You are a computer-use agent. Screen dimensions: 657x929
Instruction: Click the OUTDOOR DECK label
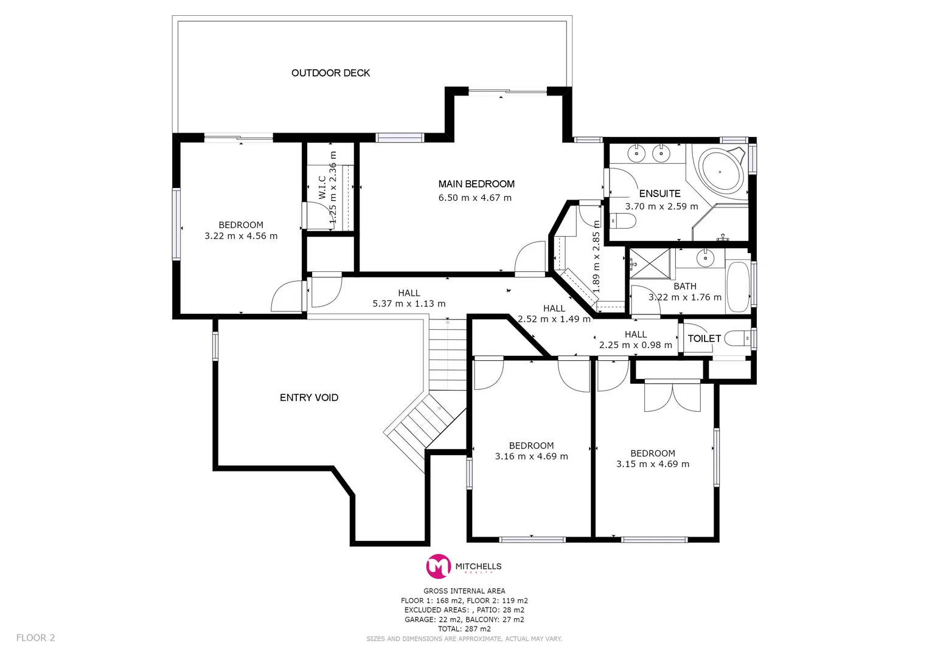tap(330, 73)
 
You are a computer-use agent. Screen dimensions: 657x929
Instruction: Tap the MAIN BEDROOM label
tap(476, 184)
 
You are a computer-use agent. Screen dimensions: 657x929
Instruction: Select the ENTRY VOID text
tap(308, 397)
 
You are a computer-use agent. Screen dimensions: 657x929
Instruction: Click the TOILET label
tap(704, 338)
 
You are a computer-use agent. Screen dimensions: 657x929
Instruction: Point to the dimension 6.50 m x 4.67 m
tap(475, 198)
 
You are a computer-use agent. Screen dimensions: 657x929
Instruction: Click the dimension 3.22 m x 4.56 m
tap(241, 236)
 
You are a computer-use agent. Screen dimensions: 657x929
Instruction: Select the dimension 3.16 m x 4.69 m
tap(531, 456)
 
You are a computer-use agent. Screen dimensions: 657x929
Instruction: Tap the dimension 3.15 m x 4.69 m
tap(652, 464)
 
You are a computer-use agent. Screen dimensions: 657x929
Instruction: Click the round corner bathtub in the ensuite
tap(720, 170)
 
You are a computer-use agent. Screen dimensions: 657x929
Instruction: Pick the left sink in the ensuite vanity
tap(636, 153)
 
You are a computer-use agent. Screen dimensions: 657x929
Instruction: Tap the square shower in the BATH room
tap(649, 263)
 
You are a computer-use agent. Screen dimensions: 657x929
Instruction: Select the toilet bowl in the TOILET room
tap(737, 338)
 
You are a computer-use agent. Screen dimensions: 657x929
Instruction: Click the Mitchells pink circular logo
tap(437, 566)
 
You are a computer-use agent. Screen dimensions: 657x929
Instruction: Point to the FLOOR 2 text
tap(35, 638)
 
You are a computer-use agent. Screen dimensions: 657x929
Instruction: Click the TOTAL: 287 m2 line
tap(464, 629)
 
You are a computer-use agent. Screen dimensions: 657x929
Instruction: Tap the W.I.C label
tap(322, 187)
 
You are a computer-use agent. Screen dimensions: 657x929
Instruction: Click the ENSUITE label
tap(659, 193)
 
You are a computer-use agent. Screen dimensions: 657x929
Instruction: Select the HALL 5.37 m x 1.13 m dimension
tap(409, 304)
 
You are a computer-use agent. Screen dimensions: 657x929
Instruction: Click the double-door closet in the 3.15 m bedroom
tap(672, 395)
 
